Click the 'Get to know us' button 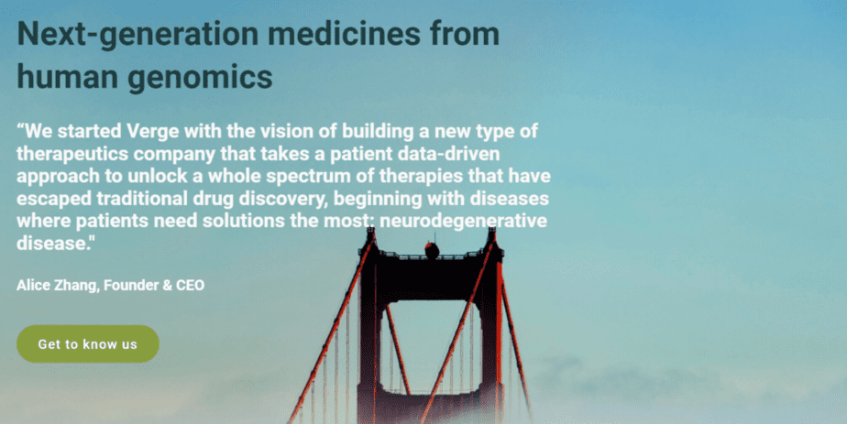[88, 343]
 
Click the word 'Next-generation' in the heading [137, 34]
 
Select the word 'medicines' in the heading [344, 34]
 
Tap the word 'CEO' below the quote [190, 286]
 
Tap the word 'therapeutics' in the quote [72, 155]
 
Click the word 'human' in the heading [67, 77]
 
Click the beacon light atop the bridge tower [432, 249]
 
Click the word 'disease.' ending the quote [52, 244]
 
